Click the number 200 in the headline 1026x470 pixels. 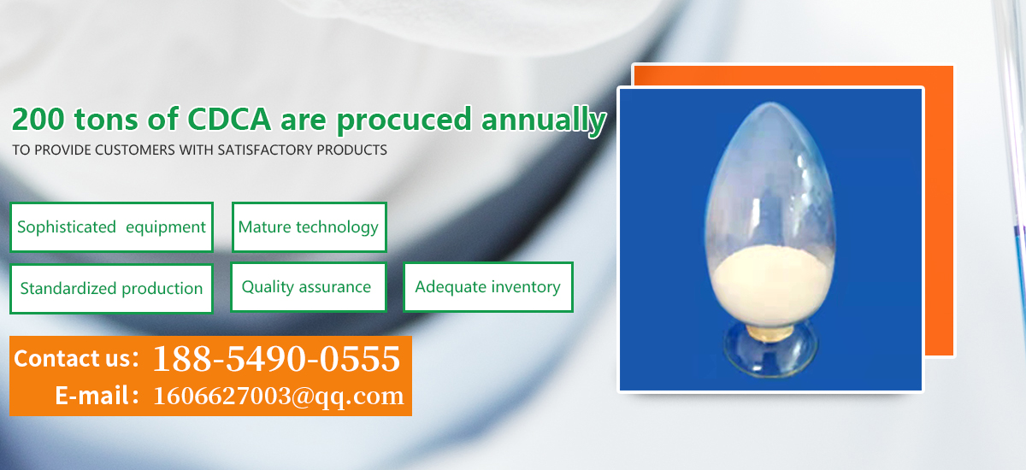(38, 119)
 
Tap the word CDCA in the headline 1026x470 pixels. (229, 119)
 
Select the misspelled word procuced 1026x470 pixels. (404, 120)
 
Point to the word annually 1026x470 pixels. (544, 120)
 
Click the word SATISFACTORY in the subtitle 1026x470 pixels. (265, 150)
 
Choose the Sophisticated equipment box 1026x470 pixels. (112, 227)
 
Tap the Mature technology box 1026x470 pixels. (310, 227)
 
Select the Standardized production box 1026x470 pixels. (111, 289)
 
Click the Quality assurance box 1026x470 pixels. (309, 287)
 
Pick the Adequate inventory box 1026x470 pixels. (488, 287)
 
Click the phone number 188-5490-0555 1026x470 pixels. (277, 358)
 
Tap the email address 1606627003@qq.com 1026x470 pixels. (279, 396)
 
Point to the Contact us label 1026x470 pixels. (76, 358)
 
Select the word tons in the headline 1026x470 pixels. (106, 120)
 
